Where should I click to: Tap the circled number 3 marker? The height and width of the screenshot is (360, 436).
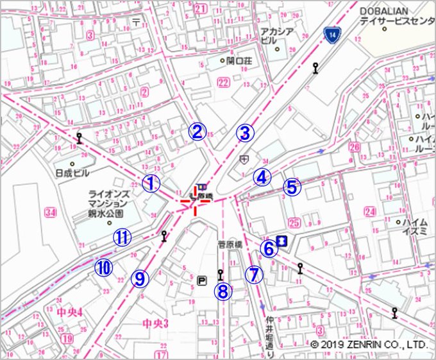[244, 133]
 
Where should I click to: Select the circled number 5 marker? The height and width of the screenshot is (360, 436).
[292, 187]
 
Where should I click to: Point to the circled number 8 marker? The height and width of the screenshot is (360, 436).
[222, 291]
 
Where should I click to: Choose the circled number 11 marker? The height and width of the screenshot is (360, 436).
[122, 237]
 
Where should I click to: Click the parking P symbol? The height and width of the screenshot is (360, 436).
[203, 280]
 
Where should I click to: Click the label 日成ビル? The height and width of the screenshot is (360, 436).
[72, 174]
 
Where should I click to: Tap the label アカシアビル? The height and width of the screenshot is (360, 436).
[277, 35]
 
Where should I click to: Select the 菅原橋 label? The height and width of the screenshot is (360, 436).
[230, 244]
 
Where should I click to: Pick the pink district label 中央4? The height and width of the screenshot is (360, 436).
[70, 313]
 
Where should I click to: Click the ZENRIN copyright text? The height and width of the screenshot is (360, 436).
[368, 345]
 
